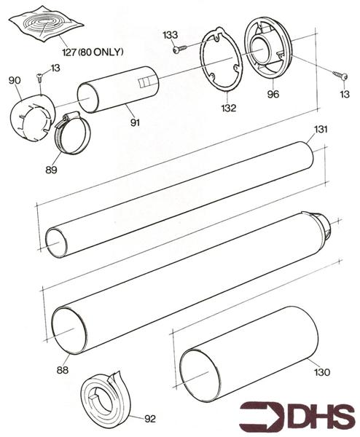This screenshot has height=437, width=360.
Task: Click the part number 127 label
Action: (69, 52)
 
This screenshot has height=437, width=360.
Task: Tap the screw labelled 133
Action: (179, 50)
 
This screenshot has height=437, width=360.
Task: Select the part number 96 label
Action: (273, 94)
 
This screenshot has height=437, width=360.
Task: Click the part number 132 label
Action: (229, 108)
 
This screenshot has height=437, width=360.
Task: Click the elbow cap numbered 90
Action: (31, 118)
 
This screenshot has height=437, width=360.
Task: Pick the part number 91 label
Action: (135, 122)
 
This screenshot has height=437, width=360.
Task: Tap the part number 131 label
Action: (321, 129)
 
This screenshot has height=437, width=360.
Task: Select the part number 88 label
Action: (63, 370)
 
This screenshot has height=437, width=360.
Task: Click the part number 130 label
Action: (322, 372)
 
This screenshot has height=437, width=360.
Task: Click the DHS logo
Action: (297, 417)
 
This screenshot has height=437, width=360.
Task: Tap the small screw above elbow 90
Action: (39, 77)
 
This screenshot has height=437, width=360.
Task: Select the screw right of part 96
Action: (341, 76)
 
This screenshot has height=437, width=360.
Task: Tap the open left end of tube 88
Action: (69, 331)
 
